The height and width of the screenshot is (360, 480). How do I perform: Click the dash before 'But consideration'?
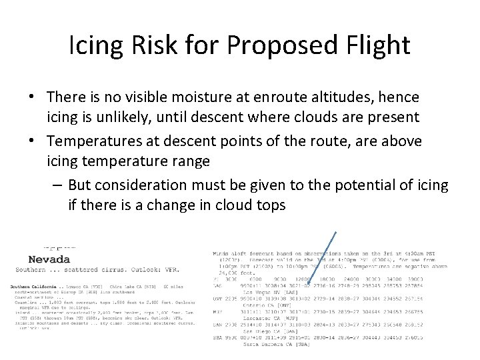pos(58,185)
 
